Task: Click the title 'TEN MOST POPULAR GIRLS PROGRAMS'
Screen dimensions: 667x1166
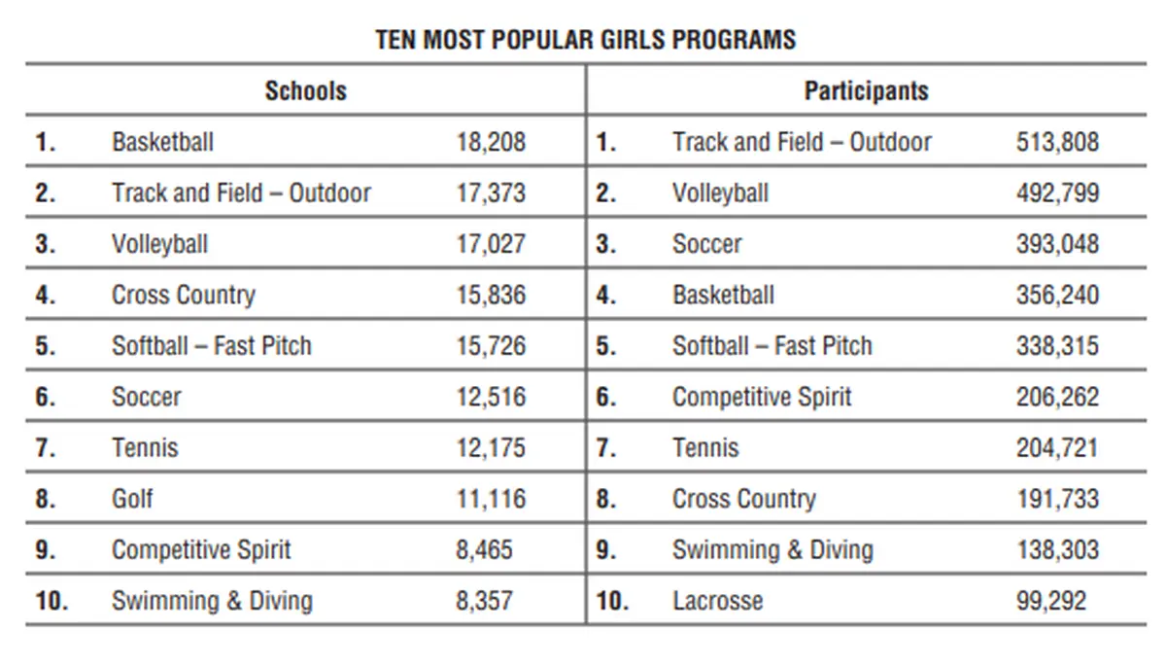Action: [585, 40]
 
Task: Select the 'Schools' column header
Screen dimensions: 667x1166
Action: [305, 91]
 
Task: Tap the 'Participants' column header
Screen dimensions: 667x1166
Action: [866, 91]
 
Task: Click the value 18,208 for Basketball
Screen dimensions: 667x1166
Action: [491, 142]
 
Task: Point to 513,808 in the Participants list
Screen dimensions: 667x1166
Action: [1057, 142]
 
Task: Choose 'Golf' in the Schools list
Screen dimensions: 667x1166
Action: [132, 499]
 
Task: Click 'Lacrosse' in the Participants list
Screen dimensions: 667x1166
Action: [717, 601]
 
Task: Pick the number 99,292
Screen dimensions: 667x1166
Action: [1050, 601]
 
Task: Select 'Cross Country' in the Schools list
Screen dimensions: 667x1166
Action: [183, 295]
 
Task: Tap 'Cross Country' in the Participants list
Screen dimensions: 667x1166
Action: [743, 499]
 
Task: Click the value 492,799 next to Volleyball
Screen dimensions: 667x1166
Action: [1057, 193]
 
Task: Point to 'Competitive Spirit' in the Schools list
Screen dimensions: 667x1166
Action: [200, 549]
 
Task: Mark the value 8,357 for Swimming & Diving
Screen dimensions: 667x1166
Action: [484, 601]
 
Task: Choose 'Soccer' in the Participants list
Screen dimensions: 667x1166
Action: [706, 244]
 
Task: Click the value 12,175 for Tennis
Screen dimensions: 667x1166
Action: [491, 448]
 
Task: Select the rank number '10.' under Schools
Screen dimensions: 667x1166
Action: [51, 601]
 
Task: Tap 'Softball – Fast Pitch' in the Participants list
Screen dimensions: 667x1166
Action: [772, 346]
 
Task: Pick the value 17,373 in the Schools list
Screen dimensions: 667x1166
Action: [491, 193]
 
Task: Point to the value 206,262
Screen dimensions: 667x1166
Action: [1057, 397]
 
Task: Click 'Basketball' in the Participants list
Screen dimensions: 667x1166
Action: [723, 295]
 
